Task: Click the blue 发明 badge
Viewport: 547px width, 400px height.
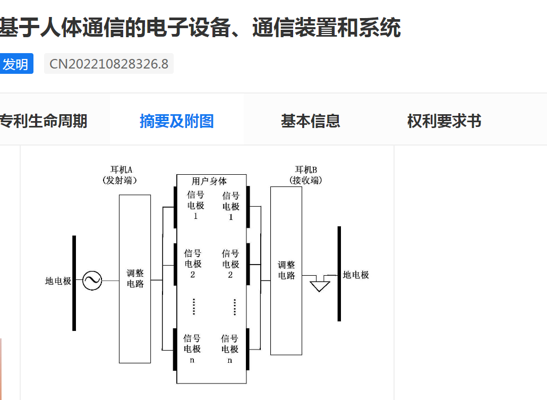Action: pyautogui.click(x=16, y=64)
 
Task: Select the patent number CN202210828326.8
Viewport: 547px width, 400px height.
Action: pyautogui.click(x=109, y=64)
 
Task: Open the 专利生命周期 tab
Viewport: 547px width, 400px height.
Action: pyautogui.click(x=44, y=121)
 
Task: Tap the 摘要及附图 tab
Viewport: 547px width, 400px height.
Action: pyautogui.click(x=176, y=121)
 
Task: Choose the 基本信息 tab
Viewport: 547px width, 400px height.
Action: pyautogui.click(x=310, y=121)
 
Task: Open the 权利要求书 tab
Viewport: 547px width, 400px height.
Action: pyautogui.click(x=444, y=121)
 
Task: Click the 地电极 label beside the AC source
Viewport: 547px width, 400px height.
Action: pyautogui.click(x=58, y=281)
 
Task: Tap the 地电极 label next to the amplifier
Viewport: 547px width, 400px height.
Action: pyautogui.click(x=356, y=275)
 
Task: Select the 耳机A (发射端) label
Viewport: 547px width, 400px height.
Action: pyautogui.click(x=119, y=175)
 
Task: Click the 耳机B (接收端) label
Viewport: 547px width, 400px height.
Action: pyautogui.click(x=306, y=175)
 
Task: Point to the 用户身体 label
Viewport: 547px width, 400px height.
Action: pyautogui.click(x=209, y=181)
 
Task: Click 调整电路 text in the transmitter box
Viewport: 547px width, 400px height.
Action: pyautogui.click(x=135, y=278)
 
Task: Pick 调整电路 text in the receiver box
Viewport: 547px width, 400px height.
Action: pyautogui.click(x=286, y=270)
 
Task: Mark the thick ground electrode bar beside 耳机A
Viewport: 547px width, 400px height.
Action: pyautogui.click(x=74, y=283)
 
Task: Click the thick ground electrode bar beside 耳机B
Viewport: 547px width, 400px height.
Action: pyautogui.click(x=339, y=274)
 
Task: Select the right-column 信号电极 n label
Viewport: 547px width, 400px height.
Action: pyautogui.click(x=230, y=348)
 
